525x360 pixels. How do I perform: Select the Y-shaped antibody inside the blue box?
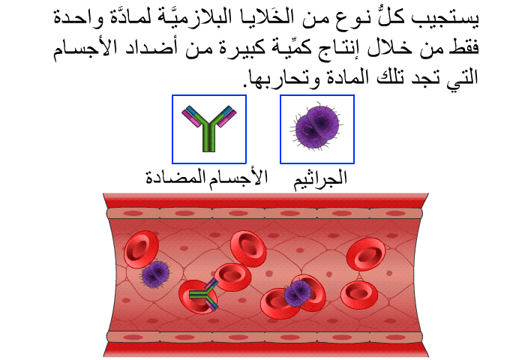point(209,128)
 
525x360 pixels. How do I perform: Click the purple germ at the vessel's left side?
point(154,274)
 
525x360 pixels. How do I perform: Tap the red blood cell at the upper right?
point(366,253)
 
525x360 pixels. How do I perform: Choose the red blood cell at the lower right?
point(359,295)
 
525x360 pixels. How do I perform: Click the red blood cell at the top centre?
point(248,248)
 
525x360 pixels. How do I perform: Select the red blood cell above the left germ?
point(141,249)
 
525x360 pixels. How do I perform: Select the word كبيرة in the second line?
point(244,47)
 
